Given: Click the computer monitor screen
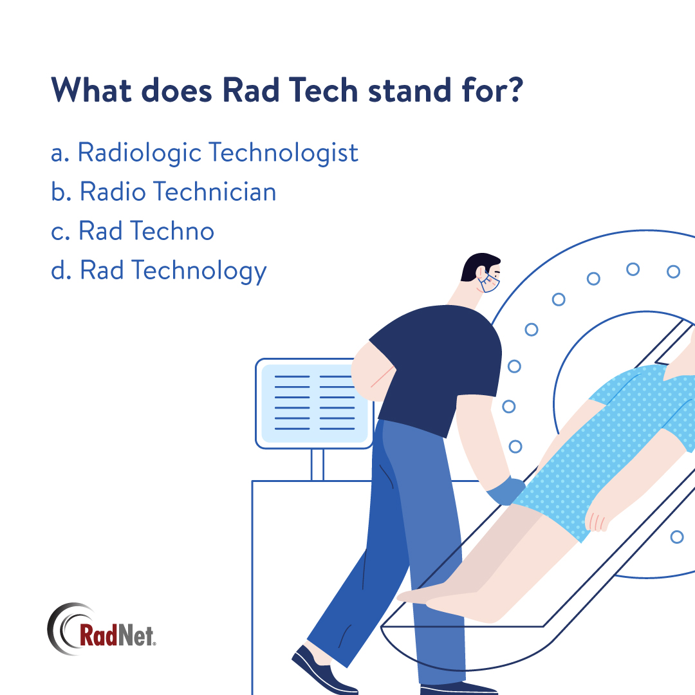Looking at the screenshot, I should (314, 402).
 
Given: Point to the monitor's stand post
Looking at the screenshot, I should (317, 464).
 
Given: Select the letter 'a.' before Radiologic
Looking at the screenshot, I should (60, 154).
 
